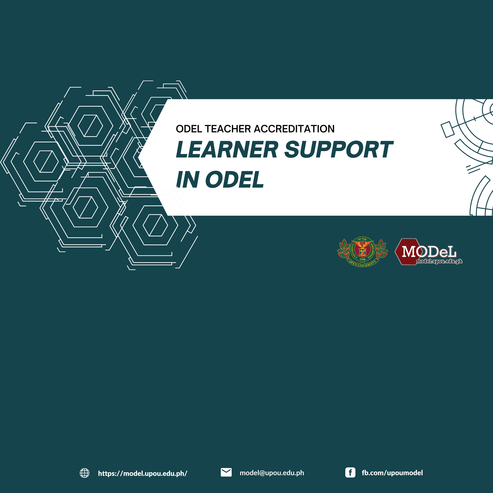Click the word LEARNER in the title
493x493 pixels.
(x=227, y=149)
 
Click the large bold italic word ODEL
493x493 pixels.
(x=234, y=180)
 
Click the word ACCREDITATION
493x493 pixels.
(x=294, y=129)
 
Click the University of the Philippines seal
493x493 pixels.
(x=362, y=252)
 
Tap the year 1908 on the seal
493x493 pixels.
(x=362, y=259)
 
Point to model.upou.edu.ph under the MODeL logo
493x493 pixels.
(x=439, y=261)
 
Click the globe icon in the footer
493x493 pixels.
(x=84, y=473)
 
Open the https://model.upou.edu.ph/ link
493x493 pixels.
(x=143, y=473)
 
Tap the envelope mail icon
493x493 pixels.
(x=226, y=472)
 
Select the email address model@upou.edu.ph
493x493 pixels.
(x=272, y=473)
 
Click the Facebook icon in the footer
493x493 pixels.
(x=350, y=473)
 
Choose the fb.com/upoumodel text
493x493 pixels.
(x=392, y=473)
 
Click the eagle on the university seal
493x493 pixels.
(x=362, y=245)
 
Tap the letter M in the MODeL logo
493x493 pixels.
(x=409, y=251)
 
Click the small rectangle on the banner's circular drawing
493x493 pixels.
(x=448, y=129)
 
